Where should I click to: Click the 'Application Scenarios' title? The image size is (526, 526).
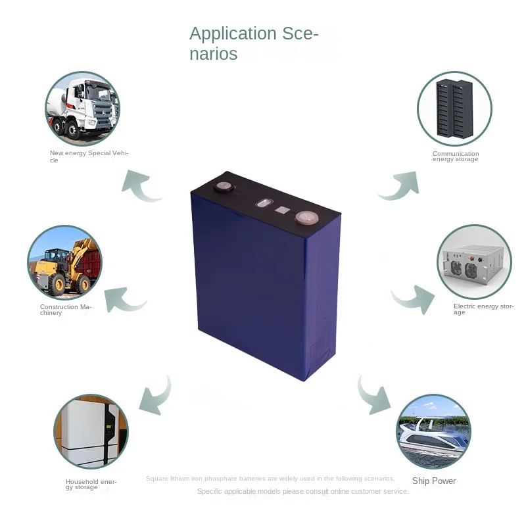tap(254, 43)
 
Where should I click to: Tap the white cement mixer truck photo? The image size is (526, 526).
tap(83, 108)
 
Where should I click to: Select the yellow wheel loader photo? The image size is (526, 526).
tap(65, 262)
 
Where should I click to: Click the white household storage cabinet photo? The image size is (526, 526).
tap(91, 431)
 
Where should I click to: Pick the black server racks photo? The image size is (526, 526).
tap(454, 108)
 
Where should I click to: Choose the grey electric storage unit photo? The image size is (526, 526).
tap(474, 262)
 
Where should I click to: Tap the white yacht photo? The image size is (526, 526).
tap(433, 431)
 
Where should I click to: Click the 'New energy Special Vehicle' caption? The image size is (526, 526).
tap(89, 156)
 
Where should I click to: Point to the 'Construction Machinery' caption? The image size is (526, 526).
tap(65, 310)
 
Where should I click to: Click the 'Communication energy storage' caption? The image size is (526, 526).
tap(456, 156)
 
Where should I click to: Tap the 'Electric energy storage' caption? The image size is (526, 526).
tap(483, 309)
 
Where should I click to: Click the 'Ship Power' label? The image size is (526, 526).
tap(434, 481)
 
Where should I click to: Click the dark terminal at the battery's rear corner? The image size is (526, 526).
tap(224, 187)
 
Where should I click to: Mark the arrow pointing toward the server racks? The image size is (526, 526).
tap(401, 186)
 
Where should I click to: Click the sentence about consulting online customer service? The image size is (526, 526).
tap(303, 491)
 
